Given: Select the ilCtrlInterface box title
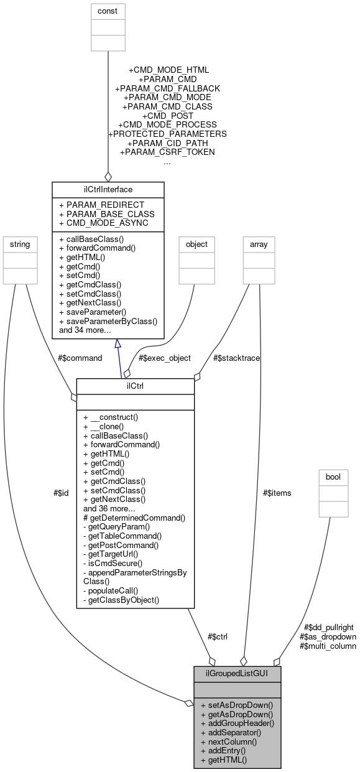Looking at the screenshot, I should (108, 188).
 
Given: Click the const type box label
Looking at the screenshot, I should (108, 11).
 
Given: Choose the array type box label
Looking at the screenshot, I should (258, 244).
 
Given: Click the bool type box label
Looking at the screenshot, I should (334, 477).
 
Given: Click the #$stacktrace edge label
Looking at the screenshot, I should (236, 358).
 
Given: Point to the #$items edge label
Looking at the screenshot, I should (276, 492).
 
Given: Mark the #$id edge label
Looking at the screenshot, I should (61, 492).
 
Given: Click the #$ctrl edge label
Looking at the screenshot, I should (217, 636).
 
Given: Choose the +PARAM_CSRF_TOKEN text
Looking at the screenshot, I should (167, 152).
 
